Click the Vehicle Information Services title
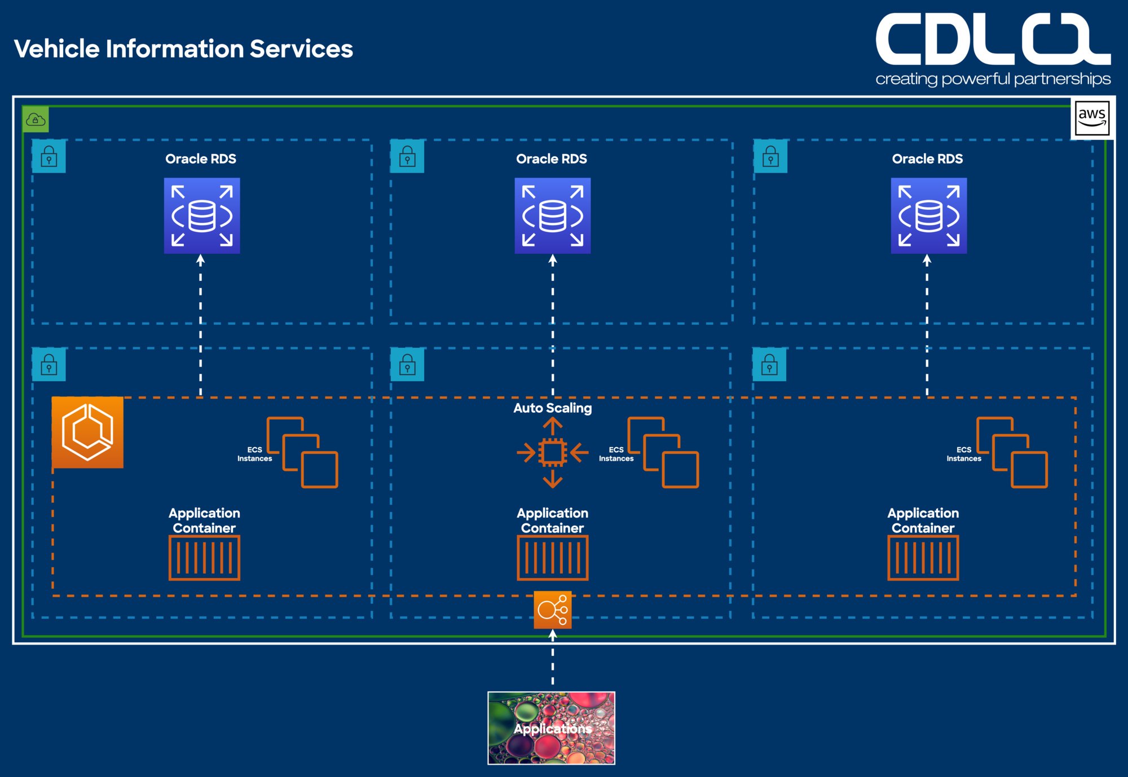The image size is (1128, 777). click(183, 49)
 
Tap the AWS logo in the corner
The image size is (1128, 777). click(1092, 118)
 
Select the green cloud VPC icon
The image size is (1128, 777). click(36, 120)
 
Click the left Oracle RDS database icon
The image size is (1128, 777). click(202, 215)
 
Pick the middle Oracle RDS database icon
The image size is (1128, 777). click(553, 215)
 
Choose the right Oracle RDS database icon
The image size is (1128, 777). click(928, 215)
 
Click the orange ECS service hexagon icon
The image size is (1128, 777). click(87, 432)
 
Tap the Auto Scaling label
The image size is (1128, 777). click(553, 408)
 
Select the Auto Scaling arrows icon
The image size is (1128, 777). click(552, 452)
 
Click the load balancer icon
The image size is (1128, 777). click(553, 610)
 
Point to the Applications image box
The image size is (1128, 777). click(551, 728)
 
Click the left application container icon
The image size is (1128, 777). click(204, 558)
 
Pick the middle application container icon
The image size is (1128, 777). click(553, 558)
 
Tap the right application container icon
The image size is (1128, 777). click(923, 558)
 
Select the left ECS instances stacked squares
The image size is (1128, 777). click(302, 452)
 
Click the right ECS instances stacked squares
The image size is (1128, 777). click(1012, 452)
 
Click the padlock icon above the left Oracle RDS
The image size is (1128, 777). click(49, 156)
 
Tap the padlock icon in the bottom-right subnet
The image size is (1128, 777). click(769, 365)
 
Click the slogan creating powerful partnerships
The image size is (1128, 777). click(993, 79)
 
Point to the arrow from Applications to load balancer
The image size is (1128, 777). click(553, 660)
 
